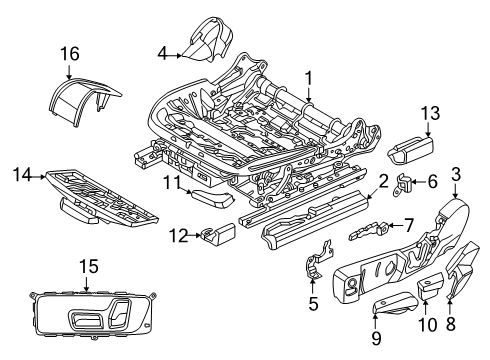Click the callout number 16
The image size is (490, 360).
tap(70, 54)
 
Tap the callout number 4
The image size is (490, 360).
tap(162, 53)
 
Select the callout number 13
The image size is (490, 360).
tap(431, 113)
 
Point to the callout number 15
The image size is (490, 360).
tap(89, 267)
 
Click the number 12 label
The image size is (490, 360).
tap(178, 236)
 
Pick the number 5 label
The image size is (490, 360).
tap(313, 304)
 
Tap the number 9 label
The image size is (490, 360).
tap(376, 339)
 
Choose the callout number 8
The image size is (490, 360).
tap(451, 323)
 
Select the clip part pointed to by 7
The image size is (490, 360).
tap(368, 230)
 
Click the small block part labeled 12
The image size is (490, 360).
tap(218, 234)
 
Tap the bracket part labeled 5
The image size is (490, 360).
tap(318, 260)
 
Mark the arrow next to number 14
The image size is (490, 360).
tap(39, 177)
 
